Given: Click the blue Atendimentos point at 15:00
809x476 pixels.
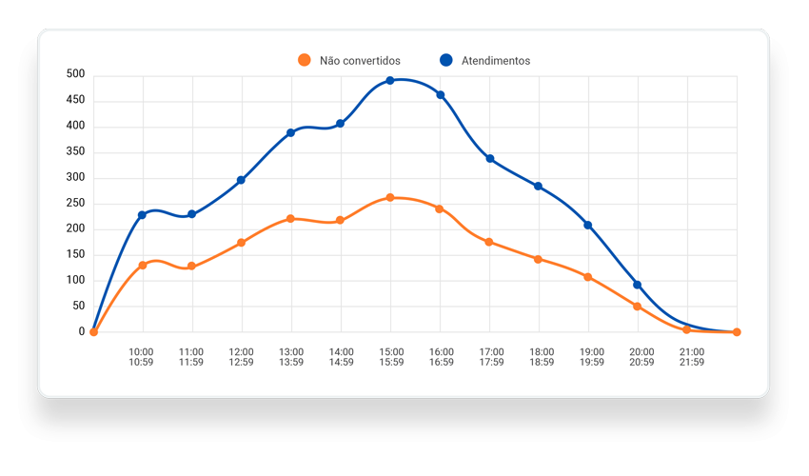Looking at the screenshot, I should (390, 81).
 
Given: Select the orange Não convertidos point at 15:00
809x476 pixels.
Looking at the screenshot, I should (390, 198).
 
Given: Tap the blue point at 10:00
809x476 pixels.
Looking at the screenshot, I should (143, 215).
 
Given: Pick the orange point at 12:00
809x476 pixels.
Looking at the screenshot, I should (242, 243).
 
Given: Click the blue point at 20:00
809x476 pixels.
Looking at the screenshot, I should (638, 285).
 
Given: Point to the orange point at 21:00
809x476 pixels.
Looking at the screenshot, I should (687, 329).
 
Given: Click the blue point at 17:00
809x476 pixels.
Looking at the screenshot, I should (489, 159).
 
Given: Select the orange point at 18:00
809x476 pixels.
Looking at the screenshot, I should (539, 259).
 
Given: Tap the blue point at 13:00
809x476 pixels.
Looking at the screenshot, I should (291, 133).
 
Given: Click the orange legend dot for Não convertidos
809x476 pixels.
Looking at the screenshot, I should (305, 60).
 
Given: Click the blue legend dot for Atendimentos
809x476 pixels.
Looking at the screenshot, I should (446, 60).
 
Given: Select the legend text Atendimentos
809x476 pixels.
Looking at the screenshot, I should (496, 61).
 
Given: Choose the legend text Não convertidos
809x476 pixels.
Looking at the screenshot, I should (360, 61).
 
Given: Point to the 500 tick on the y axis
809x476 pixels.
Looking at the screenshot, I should (76, 74).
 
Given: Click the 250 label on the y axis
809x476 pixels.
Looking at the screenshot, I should (76, 203).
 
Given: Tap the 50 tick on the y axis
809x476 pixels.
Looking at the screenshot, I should (79, 307).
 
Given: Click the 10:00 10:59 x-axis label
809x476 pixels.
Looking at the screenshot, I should (143, 356).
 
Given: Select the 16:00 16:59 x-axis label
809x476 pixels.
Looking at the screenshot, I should (440, 356).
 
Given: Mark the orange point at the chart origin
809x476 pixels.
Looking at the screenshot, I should (93, 332).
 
